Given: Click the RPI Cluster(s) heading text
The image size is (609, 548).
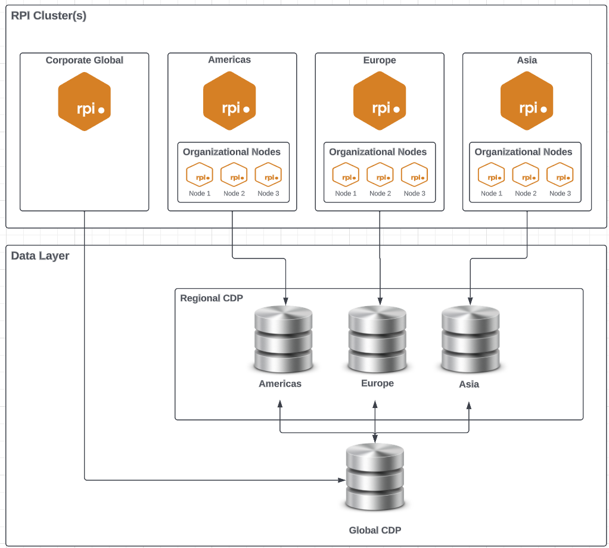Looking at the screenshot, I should pos(49,16).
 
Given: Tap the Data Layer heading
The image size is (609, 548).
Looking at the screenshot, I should pos(40,256).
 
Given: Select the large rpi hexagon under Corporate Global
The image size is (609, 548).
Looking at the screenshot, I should pos(85,101).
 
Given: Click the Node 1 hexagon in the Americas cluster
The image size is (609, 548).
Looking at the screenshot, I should pos(200,175).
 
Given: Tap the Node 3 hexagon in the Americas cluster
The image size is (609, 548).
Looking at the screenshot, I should pos(268,175).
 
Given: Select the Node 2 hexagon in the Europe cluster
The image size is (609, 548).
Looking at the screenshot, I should pos(380,175).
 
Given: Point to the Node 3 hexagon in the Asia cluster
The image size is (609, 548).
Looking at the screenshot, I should pos(560,175).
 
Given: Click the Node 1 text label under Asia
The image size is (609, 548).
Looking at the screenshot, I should pos(492,194).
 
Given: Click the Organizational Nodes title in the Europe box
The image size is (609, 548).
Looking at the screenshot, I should pos(378,152).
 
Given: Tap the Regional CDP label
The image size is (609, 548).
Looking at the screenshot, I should pos(212,298).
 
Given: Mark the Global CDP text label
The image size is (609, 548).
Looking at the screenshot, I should pos(375,530).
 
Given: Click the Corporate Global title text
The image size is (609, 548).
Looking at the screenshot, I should pos(85,60).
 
